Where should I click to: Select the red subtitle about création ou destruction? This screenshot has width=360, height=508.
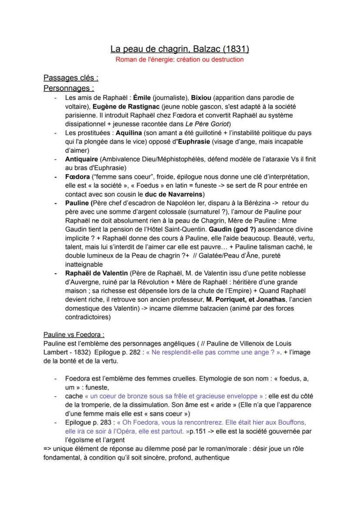tap(180, 60)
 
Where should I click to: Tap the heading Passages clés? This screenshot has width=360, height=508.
tap(70, 78)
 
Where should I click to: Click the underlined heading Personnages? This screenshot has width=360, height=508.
tap(69, 88)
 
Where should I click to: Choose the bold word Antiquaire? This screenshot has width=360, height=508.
tap(82, 159)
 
